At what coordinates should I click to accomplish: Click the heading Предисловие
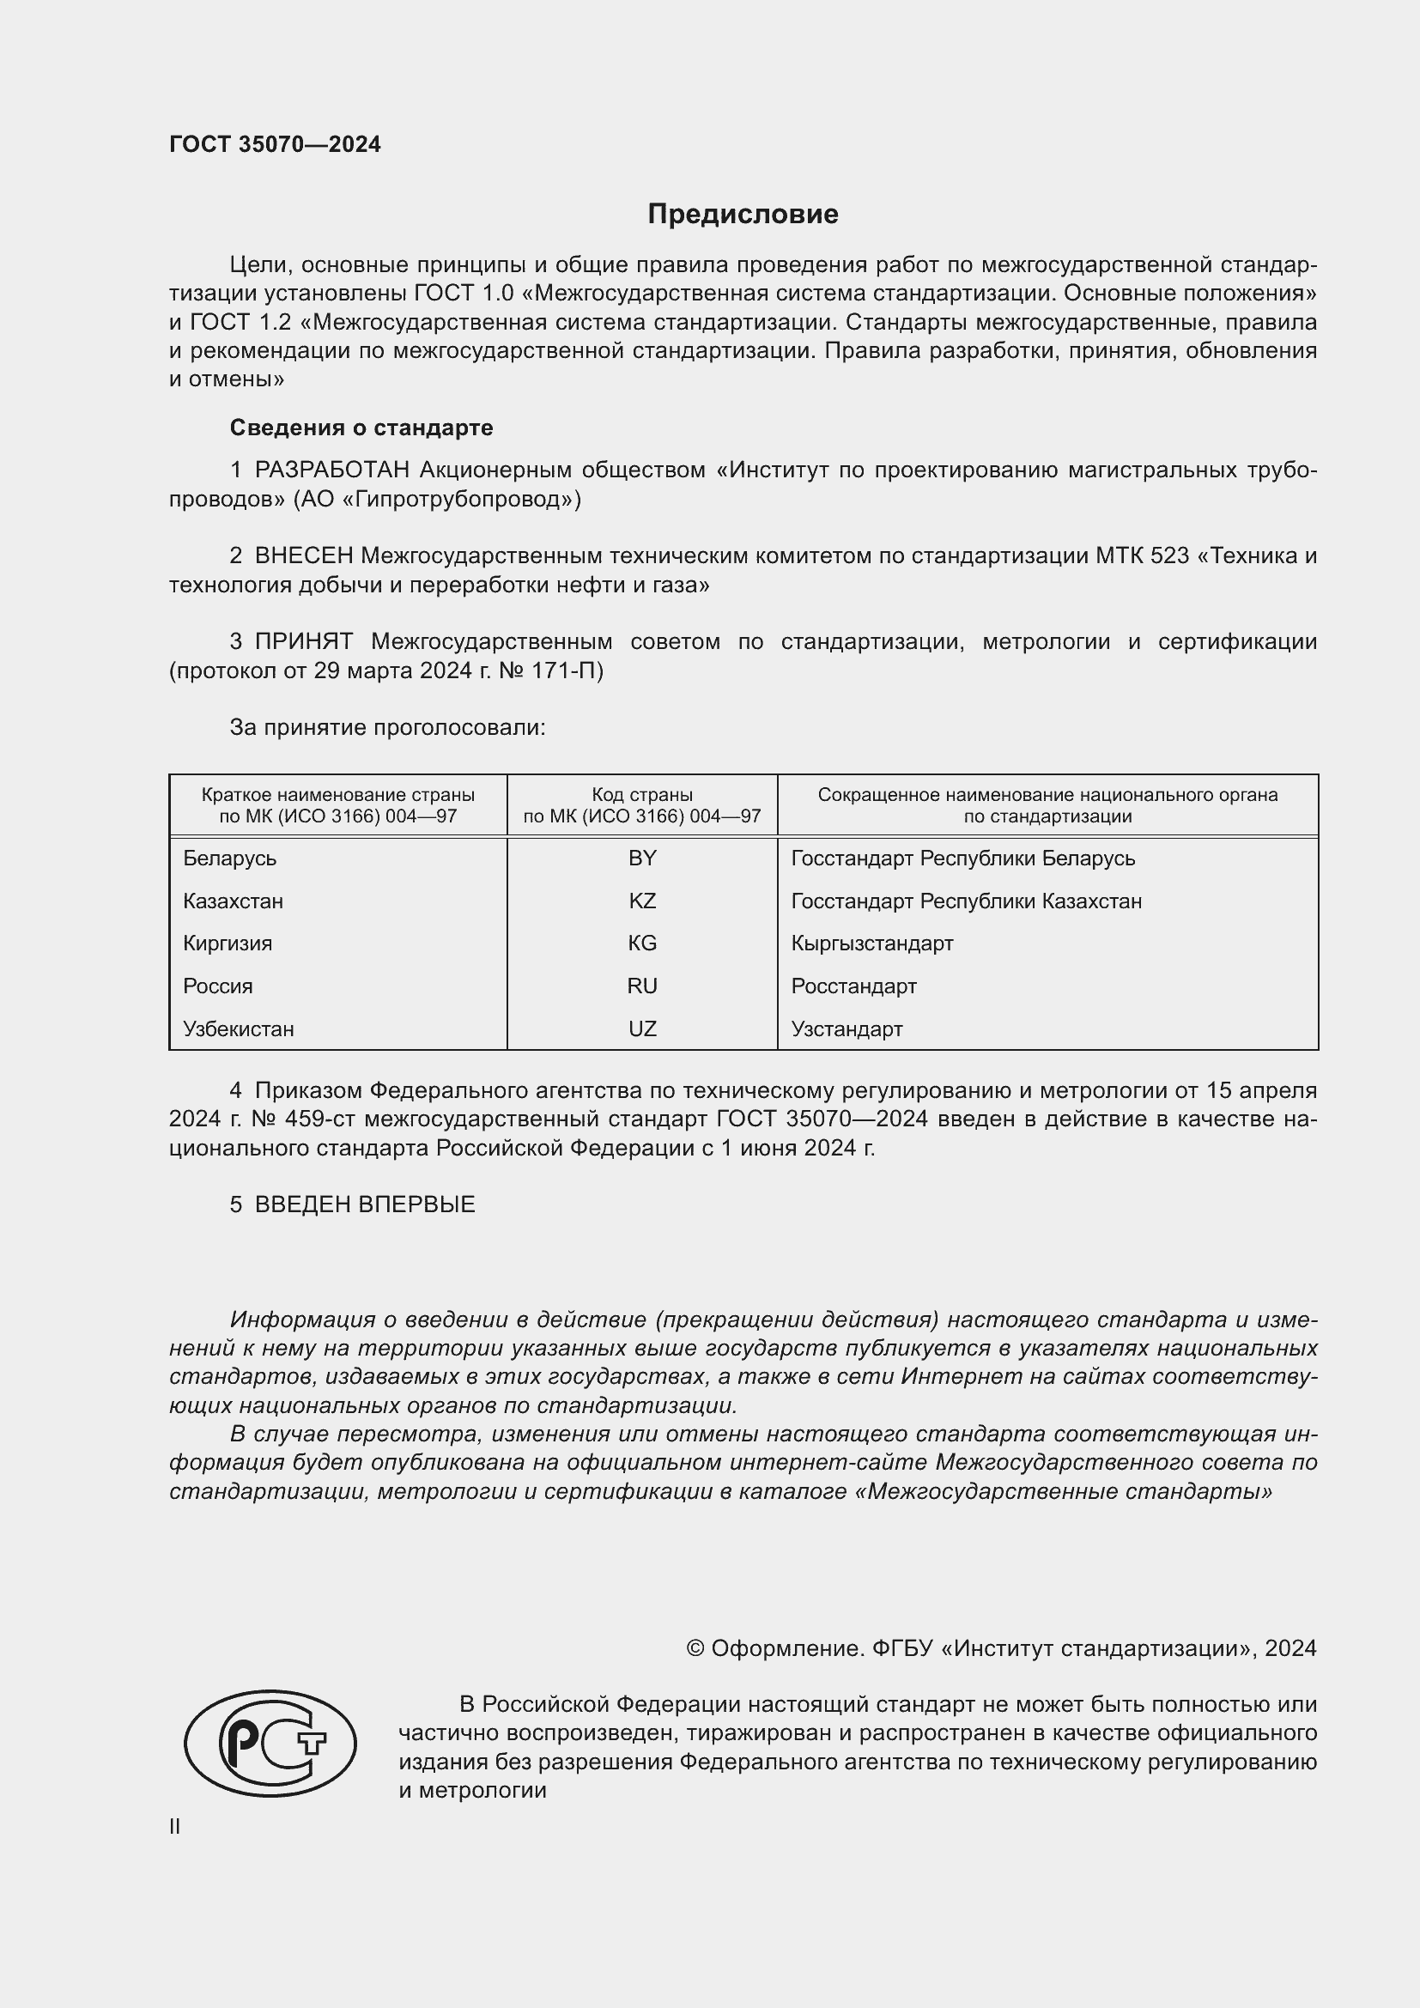pos(743,215)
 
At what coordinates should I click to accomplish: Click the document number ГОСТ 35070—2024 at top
pos(275,144)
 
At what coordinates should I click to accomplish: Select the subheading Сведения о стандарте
pos(361,428)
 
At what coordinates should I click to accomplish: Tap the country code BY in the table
pos(642,858)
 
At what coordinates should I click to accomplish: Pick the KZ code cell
pos(642,901)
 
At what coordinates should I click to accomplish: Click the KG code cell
pos(642,943)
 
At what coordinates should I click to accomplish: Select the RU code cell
pos(642,986)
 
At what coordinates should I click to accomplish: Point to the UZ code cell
pos(642,1028)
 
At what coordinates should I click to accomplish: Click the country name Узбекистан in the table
pos(238,1028)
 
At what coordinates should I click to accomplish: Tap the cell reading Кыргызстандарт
pos(871,943)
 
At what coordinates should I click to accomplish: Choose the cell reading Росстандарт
pos(853,986)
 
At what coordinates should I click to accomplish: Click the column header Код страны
pos(642,795)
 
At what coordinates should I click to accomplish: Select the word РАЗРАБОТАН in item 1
pos(331,470)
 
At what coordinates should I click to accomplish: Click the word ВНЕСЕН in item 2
pos(303,556)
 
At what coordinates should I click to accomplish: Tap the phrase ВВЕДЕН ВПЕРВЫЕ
pos(365,1204)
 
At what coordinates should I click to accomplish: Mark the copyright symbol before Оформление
pos(695,1648)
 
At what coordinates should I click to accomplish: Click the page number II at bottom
pos(175,1827)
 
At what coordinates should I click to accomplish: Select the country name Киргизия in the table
pos(228,943)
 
